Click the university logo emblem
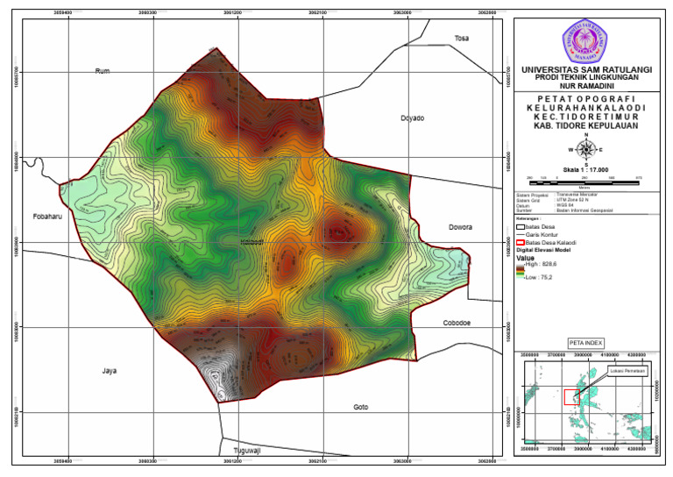(585, 40)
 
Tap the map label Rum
(102, 71)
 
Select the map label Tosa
(462, 38)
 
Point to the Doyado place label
(412, 117)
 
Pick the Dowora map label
(459, 227)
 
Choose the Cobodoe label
(456, 323)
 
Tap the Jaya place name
(109, 371)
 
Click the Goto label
(360, 408)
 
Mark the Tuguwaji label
(245, 451)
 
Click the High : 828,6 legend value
(543, 263)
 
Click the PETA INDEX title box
(585, 342)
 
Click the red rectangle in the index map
(570, 395)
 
